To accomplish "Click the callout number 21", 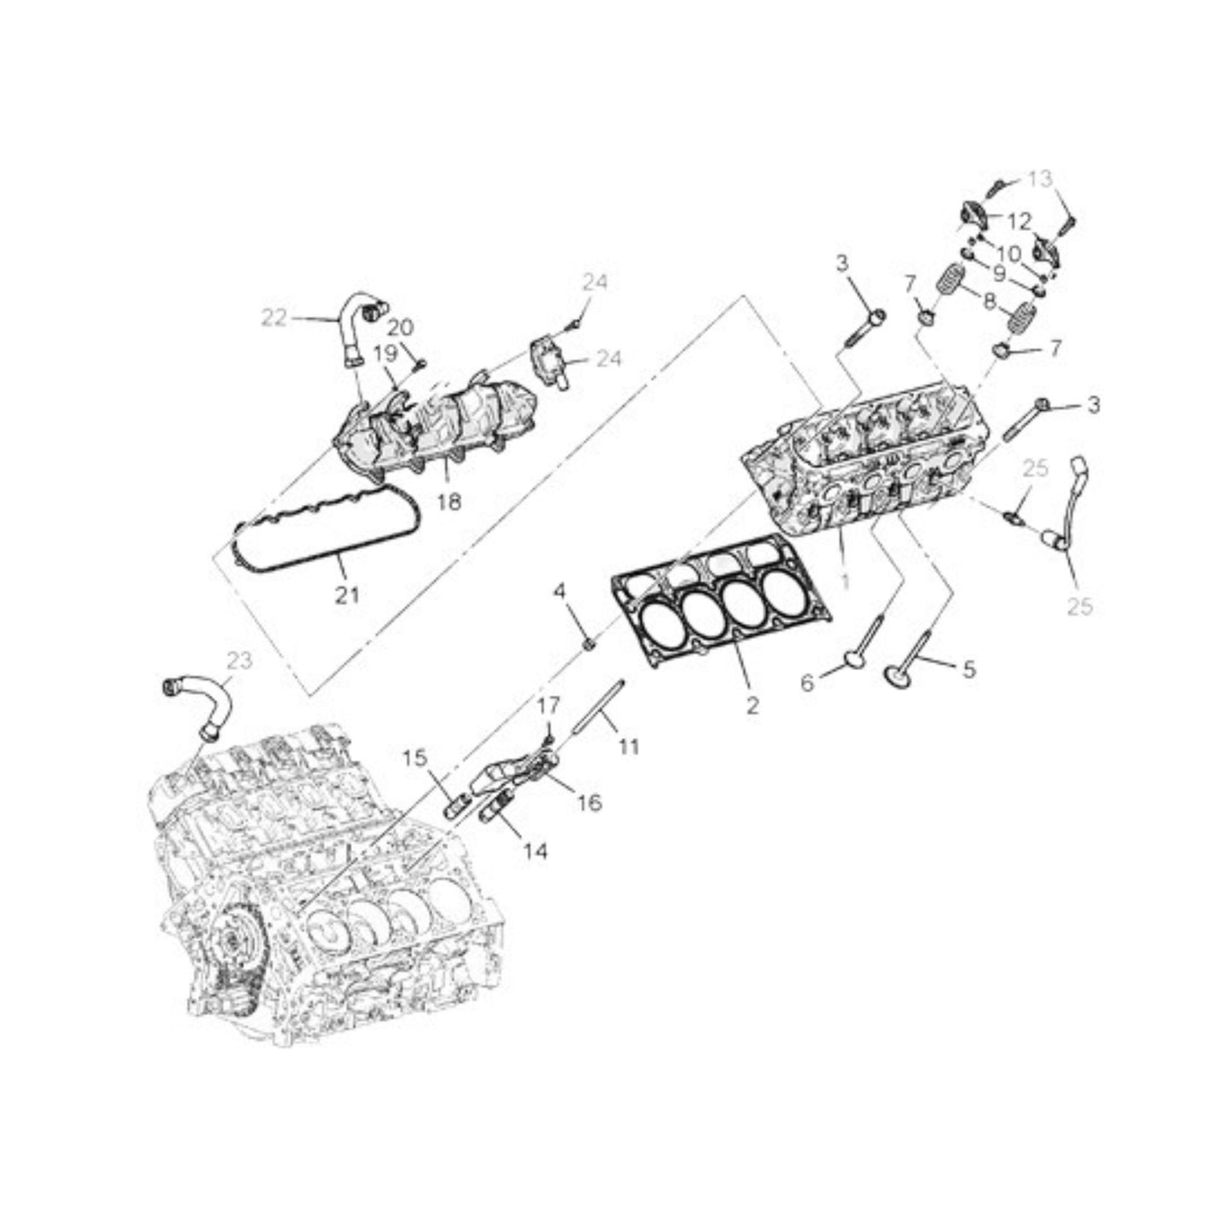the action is pyautogui.click(x=346, y=595).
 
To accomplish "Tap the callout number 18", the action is pyautogui.click(x=449, y=502).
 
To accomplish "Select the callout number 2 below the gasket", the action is pyautogui.click(x=753, y=706).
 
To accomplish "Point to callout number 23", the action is pyautogui.click(x=240, y=661).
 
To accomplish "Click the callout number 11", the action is pyautogui.click(x=630, y=746).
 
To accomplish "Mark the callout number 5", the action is pyautogui.click(x=969, y=669).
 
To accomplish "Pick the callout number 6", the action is pyautogui.click(x=809, y=684).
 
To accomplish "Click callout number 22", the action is pyautogui.click(x=275, y=318).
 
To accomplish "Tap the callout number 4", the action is pyautogui.click(x=560, y=592).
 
